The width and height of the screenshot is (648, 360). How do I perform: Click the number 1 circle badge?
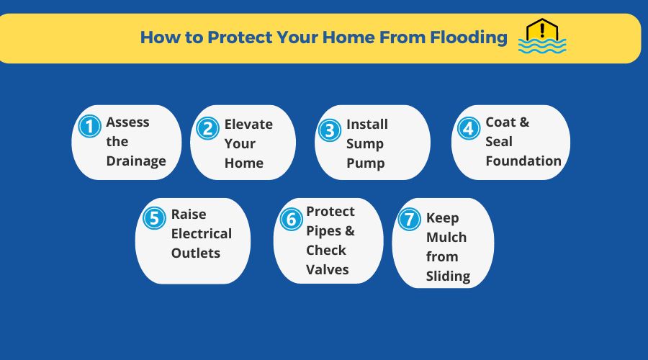89,127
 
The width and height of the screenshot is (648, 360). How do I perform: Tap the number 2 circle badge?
207,128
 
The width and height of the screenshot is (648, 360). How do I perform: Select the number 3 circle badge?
329,130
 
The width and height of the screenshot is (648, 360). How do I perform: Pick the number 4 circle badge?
468,128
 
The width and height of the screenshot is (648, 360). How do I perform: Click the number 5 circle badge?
154,218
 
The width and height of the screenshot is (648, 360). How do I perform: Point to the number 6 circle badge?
290,219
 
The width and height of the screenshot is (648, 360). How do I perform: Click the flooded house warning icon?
541,37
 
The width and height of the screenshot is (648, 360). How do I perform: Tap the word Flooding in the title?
463,37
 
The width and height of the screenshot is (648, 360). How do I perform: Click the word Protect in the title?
236,37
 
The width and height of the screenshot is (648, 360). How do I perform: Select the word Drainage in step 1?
136,161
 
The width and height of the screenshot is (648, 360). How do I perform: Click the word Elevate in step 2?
248,124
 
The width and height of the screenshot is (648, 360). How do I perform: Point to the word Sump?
365,143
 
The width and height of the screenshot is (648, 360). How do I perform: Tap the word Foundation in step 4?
523,161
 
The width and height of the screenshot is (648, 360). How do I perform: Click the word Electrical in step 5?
202,233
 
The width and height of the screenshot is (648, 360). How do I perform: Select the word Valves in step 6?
328,269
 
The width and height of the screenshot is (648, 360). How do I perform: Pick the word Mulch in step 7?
446,237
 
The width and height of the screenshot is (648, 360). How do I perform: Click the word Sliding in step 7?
448,276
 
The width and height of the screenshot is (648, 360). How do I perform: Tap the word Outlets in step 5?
196,253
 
